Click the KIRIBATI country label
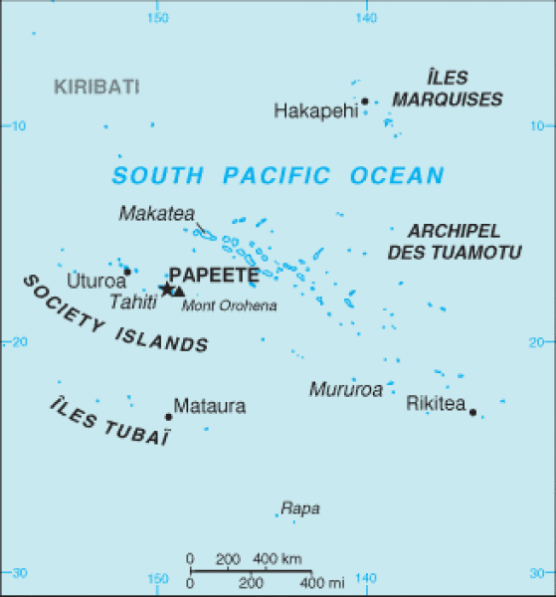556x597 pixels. tap(96, 87)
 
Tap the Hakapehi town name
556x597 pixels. tap(314, 110)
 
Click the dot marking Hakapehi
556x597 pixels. tap(365, 100)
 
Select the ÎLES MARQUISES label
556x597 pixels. tap(461, 89)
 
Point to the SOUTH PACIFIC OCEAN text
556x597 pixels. tap(278, 176)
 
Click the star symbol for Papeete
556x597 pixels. tap(167, 290)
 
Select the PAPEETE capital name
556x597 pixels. tap(214, 274)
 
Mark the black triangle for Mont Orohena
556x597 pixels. tap(179, 292)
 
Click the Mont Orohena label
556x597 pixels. tap(229, 305)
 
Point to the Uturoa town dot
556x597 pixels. tap(126, 271)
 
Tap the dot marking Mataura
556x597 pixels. tap(168, 417)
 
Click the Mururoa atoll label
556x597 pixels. tap(345, 389)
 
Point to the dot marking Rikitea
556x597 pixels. tap(472, 412)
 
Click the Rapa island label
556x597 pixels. tap(300, 508)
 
